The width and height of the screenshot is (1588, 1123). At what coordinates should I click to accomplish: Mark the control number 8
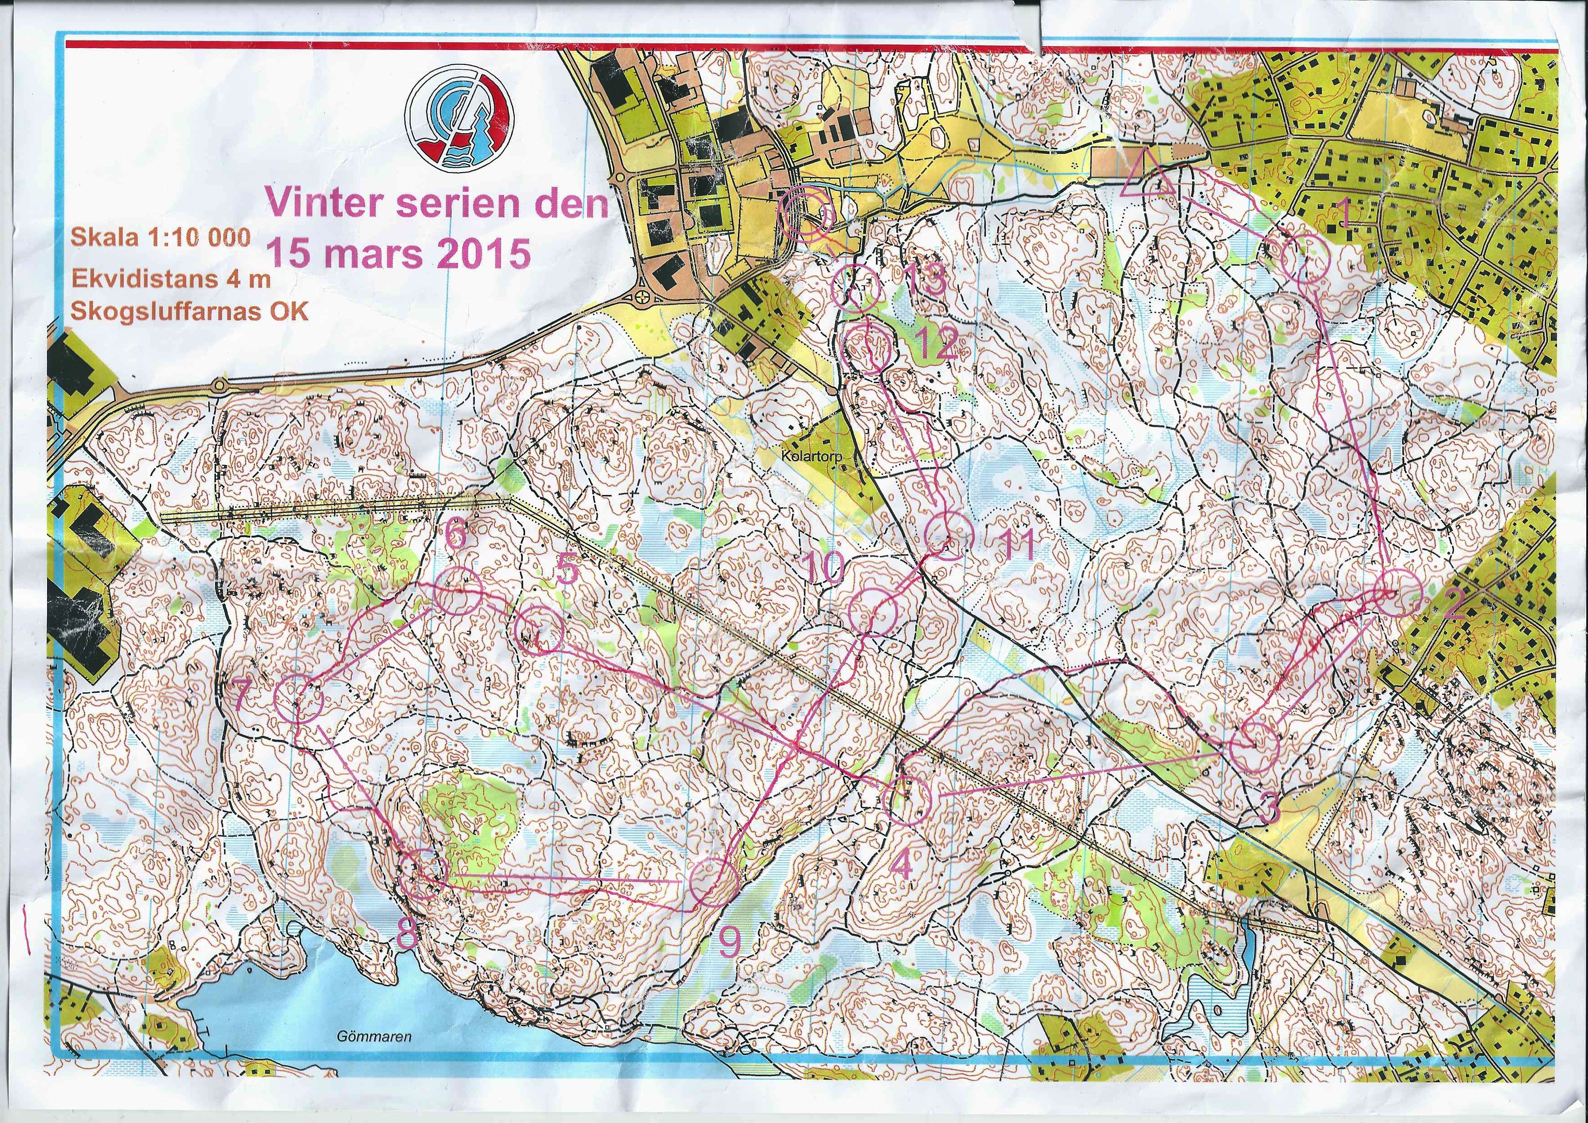coord(407,937)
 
